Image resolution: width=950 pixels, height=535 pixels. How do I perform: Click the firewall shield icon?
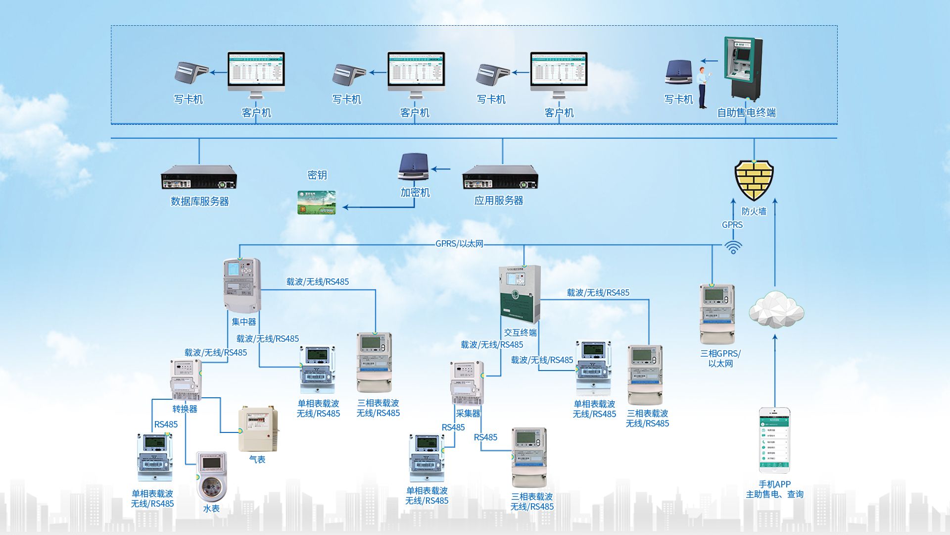click(754, 179)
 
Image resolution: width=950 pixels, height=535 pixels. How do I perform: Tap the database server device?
click(199, 177)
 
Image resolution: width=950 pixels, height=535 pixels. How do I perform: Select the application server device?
click(500, 177)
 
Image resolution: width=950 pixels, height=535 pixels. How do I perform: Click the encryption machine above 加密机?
click(414, 167)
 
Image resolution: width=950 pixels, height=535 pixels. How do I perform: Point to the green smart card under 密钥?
click(317, 203)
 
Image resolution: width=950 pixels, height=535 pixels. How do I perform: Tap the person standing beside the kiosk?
click(703, 87)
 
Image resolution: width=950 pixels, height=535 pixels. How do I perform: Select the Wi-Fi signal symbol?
click(733, 247)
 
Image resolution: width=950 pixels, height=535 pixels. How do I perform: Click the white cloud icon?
click(776, 310)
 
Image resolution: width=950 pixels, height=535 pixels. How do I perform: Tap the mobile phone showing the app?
click(774, 440)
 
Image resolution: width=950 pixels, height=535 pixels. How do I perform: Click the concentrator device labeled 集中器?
click(242, 285)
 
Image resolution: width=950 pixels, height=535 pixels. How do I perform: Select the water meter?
click(212, 476)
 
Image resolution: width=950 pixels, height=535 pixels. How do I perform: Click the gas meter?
click(258, 429)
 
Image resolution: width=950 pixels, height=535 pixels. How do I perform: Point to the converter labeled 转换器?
click(186, 379)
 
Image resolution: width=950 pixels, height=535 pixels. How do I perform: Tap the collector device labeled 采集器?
click(467, 383)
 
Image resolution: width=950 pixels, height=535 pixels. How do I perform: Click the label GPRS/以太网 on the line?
click(459, 244)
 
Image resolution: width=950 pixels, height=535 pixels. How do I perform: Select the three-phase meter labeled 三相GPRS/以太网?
click(717, 314)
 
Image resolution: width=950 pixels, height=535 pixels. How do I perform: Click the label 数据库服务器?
click(200, 201)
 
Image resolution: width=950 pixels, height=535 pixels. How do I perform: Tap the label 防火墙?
click(754, 212)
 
